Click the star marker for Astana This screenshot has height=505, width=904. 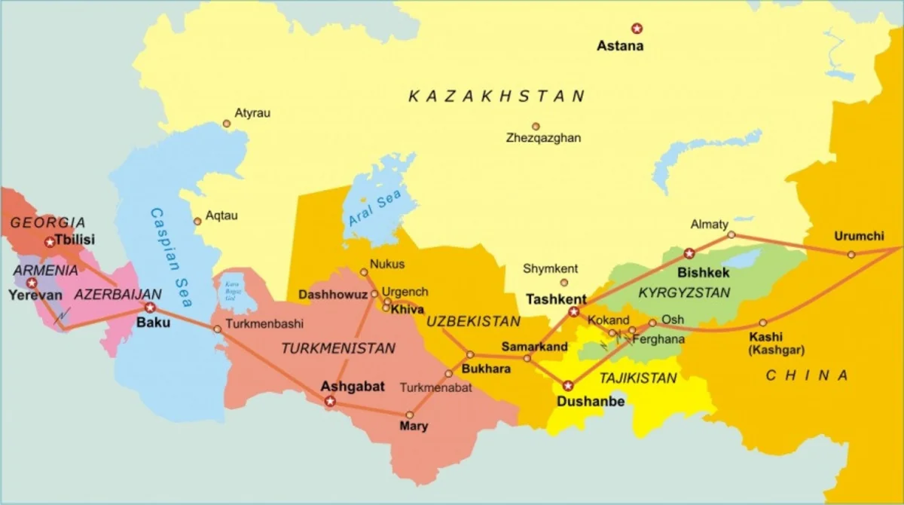click(x=637, y=29)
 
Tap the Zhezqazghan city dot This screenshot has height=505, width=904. click(x=536, y=127)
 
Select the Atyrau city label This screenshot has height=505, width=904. click(x=252, y=113)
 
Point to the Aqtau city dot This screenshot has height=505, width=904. click(x=197, y=222)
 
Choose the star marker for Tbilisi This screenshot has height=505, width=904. click(x=50, y=242)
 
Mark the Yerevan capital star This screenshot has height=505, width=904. click(x=32, y=283)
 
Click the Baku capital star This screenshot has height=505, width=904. click(x=150, y=308)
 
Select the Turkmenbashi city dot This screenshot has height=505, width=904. click(x=218, y=329)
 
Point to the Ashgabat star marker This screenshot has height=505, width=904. click(x=329, y=402)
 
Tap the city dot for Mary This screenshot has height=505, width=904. click(x=410, y=415)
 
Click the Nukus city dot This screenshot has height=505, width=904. click(x=364, y=272)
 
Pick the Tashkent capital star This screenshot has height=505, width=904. click(x=574, y=311)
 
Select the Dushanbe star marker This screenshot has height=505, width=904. click(x=568, y=386)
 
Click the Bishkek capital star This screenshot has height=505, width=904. click(x=689, y=253)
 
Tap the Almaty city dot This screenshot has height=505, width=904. click(x=731, y=235)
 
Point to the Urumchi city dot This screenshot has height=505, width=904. click(x=851, y=255)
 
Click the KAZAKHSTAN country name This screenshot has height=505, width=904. click(x=496, y=96)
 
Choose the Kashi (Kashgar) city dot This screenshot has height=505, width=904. click(x=762, y=323)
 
